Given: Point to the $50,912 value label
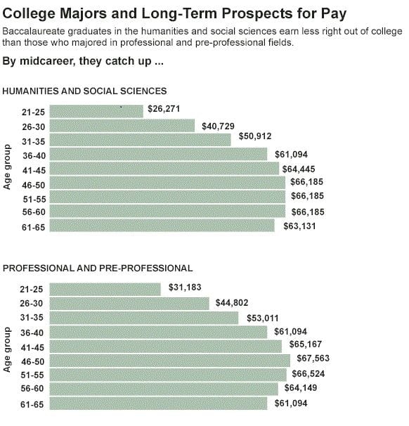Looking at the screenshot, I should click(255, 136).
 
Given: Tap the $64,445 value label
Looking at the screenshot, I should click(298, 169).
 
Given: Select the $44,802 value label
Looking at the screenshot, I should click(233, 304).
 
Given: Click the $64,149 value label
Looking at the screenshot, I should click(300, 387).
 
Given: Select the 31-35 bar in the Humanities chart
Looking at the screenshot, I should click(141, 140).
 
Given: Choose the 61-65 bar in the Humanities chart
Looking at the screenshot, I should click(163, 226).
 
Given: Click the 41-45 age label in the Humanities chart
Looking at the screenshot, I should click(32, 169).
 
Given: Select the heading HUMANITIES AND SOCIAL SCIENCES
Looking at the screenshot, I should click(85, 91).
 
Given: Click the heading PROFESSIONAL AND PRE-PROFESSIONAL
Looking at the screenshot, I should click(98, 268).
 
